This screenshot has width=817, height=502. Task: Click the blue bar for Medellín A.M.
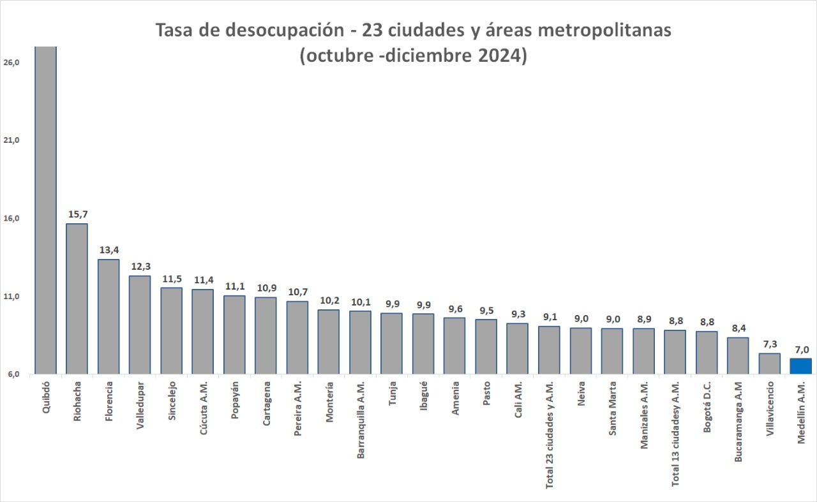coord(800,366)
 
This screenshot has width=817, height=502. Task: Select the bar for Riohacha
coord(77,299)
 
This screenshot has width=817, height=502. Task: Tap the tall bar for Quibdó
coord(45,210)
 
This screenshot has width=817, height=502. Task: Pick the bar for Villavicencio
coord(769,364)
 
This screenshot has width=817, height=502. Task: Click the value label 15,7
coord(77,214)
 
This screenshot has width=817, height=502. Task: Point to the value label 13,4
coord(109,249)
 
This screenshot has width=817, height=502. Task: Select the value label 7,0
coord(801,349)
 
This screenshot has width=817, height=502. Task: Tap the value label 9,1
coord(549,316)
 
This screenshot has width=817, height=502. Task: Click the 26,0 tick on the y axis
coord(12,63)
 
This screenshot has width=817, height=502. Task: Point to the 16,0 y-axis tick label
coord(12,218)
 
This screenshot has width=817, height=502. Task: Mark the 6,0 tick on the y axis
coord(12,374)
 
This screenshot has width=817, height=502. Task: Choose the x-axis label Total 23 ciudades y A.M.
coord(550,434)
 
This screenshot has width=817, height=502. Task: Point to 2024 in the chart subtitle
coord(498,55)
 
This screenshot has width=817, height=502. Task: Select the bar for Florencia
coord(109,316)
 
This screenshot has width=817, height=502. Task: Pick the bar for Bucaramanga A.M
coord(738,355)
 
